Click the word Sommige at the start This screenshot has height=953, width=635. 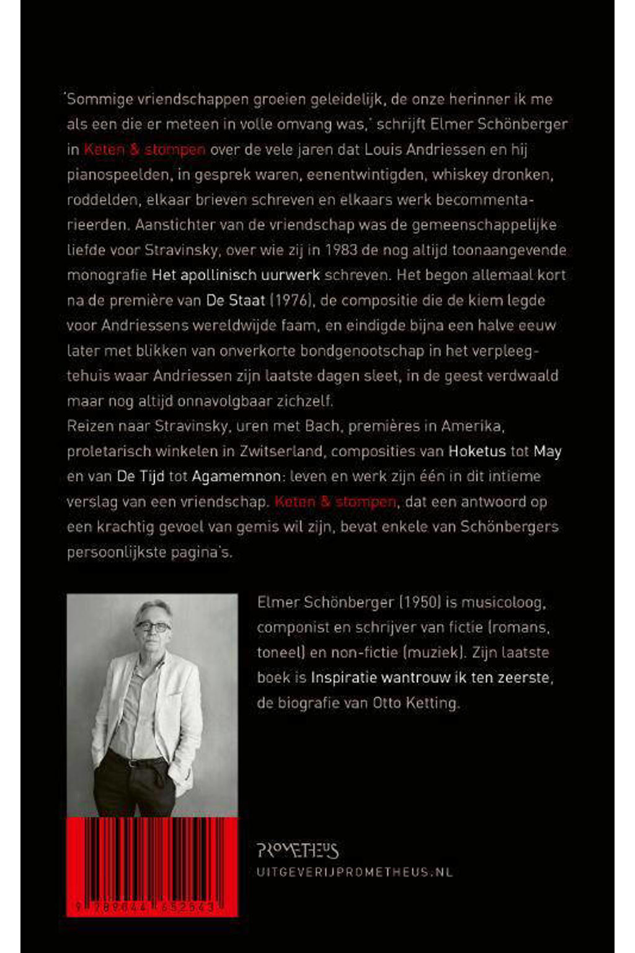97,99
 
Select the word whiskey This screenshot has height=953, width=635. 459,174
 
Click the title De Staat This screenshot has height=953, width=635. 236,300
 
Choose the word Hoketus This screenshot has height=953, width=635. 477,451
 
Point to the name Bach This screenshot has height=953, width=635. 322,426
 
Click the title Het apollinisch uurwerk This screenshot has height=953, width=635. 236,275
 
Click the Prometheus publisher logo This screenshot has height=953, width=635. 297,850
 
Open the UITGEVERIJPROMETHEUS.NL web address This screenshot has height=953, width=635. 354,872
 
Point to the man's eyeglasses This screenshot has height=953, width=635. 153,627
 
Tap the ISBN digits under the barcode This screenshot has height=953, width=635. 146,907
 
